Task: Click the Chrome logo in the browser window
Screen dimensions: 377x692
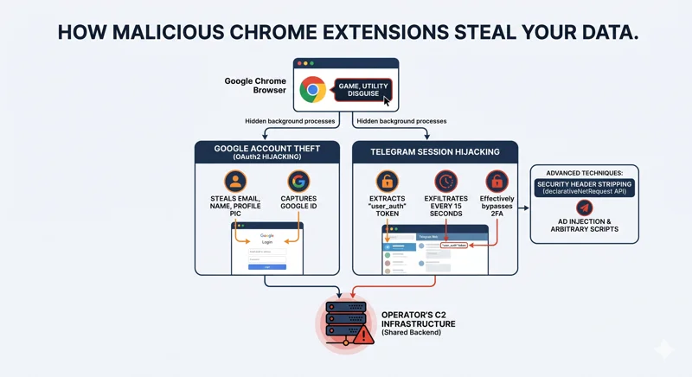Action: click(x=312, y=89)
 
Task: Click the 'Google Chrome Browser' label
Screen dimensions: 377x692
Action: click(x=255, y=86)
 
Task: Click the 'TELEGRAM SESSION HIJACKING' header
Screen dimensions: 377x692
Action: click(x=434, y=152)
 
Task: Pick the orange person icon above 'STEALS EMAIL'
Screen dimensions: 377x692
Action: click(x=235, y=182)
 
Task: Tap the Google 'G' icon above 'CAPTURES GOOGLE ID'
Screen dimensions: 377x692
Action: click(x=298, y=182)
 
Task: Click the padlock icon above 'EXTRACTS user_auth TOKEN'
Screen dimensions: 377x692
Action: click(x=387, y=182)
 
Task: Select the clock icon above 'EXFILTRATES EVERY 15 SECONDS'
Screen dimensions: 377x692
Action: click(x=446, y=182)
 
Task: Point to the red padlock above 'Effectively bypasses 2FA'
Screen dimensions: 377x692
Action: click(x=497, y=182)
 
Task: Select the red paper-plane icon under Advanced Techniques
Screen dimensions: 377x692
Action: click(x=585, y=208)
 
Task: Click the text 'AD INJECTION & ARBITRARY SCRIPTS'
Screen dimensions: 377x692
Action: click(x=585, y=227)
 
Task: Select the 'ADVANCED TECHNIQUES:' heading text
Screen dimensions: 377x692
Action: click(x=585, y=172)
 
